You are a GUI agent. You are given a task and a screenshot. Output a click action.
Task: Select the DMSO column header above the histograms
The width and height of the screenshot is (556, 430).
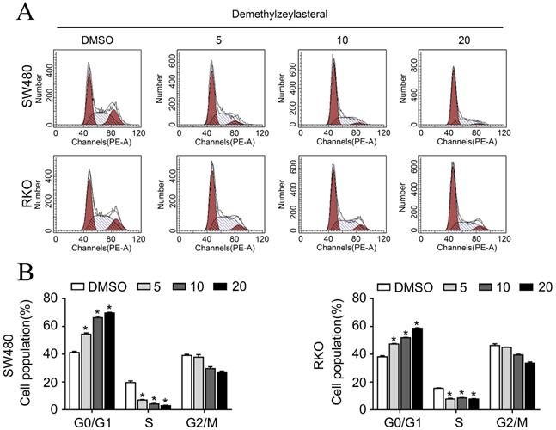tap(97, 40)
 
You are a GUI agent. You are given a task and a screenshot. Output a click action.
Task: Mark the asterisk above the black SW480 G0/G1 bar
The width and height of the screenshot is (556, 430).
tap(109, 308)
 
